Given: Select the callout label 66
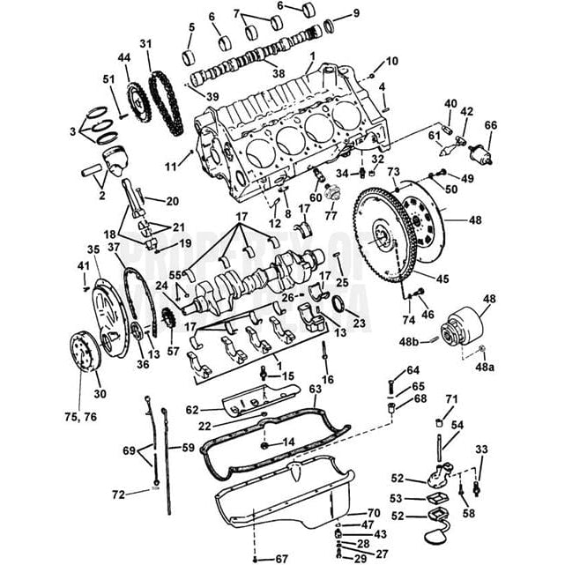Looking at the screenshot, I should pos(490,125).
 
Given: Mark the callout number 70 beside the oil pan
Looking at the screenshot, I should pos(373,512).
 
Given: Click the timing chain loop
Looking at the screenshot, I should pos(162,97).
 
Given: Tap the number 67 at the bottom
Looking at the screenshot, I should pos(281,558).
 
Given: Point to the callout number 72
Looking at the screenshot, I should pos(118,494).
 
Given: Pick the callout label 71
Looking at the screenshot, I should pos(451,400).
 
